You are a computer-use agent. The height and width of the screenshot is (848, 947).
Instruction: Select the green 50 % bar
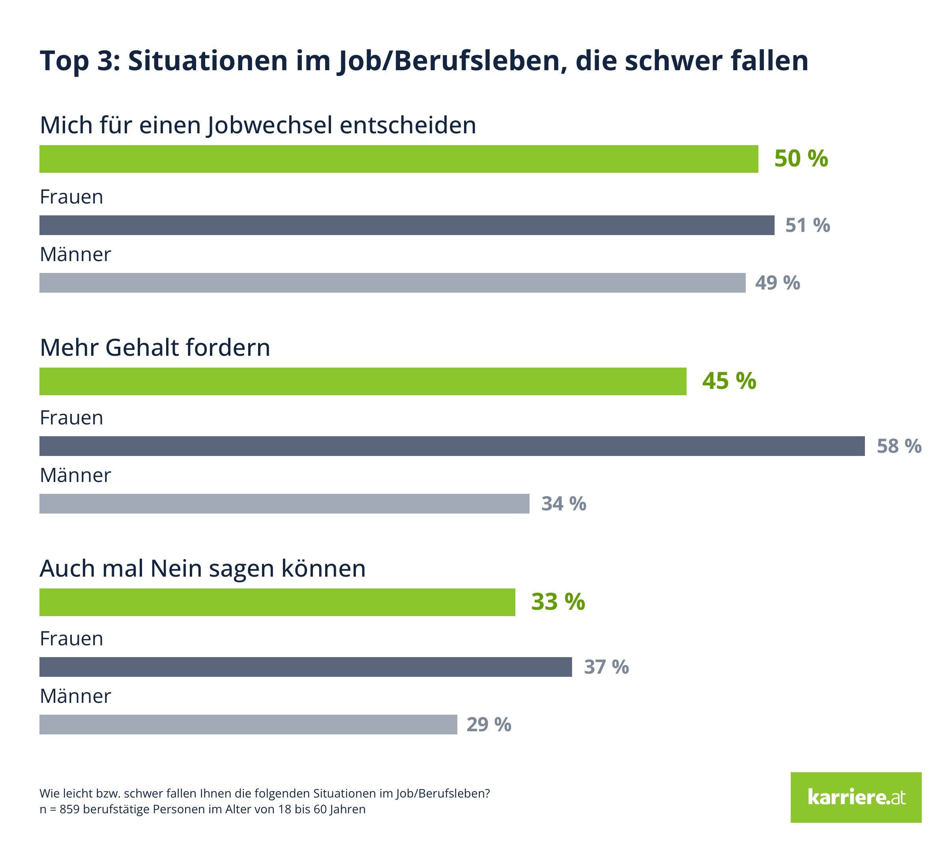[x=399, y=159]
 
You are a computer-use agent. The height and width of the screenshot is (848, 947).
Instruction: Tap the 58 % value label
[x=898, y=446]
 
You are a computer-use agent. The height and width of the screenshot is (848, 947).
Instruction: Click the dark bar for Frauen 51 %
[x=406, y=225]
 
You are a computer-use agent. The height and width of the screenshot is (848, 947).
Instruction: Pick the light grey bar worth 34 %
[x=284, y=504]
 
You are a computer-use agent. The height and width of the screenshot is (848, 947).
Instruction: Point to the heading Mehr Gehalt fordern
[x=155, y=347]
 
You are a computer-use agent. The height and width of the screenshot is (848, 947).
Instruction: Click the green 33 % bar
[x=277, y=602]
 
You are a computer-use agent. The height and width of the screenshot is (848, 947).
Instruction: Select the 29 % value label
[x=488, y=725]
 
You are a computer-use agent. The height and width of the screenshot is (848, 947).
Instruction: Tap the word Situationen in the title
[x=208, y=61]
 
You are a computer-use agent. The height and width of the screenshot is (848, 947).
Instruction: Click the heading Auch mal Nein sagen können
[x=203, y=568]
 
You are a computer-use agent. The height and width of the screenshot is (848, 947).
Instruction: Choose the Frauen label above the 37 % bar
[x=71, y=638]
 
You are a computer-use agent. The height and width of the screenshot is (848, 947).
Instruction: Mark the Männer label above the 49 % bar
[x=75, y=254]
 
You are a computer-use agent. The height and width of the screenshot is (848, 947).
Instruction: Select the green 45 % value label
[x=729, y=381]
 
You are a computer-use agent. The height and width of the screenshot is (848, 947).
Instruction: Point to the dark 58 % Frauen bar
[x=451, y=446]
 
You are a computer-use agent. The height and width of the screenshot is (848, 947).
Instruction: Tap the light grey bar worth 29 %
[x=248, y=725]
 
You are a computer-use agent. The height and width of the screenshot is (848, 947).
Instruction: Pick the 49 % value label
[x=777, y=283]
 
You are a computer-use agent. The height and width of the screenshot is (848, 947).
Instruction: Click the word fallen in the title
[x=769, y=61]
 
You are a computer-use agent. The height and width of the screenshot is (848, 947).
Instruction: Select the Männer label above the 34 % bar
[x=75, y=475]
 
